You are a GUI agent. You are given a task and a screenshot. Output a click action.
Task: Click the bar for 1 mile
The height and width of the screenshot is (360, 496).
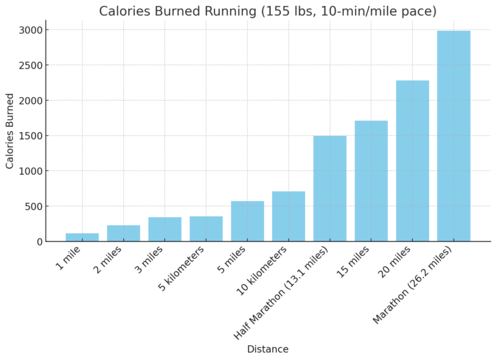coord(82,237)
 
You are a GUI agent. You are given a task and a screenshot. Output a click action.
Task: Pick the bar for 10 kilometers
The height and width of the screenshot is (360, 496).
coord(288,217)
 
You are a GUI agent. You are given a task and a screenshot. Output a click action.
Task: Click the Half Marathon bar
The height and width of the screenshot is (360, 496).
coord(330,188)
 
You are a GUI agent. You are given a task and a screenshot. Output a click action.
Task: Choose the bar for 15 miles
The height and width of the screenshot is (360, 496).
coord(371,181)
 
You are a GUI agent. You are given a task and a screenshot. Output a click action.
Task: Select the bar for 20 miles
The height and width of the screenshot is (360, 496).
coord(412,161)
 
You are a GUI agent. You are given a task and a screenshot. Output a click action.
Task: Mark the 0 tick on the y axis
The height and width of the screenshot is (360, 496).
coord(39,241)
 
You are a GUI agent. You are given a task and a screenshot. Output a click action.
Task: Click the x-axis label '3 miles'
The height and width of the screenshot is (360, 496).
coord(148,261)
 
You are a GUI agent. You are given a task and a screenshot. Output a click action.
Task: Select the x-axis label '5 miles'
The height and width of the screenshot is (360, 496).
coord(231,261)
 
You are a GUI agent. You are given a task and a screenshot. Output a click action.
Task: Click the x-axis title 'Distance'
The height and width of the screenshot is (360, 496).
coord(267,349)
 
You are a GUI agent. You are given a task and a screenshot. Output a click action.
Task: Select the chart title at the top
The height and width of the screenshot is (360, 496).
coord(267,11)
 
